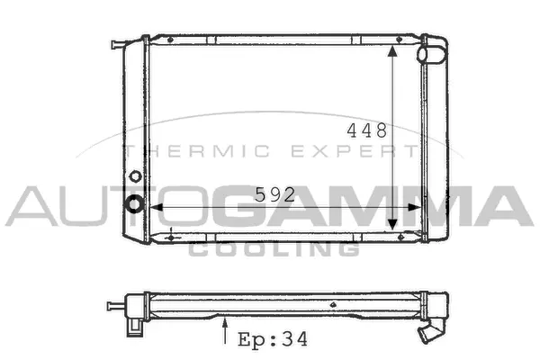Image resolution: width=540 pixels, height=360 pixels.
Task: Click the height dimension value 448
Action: tap(367, 130)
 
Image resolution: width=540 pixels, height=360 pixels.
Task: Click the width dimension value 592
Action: tap(274, 194)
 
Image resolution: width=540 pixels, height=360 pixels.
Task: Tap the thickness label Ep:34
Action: tap(273, 339)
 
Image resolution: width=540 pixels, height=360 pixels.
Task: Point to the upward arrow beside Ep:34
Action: tap(225, 331)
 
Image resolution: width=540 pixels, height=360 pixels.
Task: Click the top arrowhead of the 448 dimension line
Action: tap(392, 50)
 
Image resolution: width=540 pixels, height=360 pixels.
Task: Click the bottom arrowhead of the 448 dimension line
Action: tap(392, 225)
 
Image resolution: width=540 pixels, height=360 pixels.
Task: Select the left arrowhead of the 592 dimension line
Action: tap(157, 207)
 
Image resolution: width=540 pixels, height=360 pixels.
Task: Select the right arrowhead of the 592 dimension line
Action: tap(414, 207)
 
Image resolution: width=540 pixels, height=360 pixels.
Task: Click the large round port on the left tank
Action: tap(135, 203)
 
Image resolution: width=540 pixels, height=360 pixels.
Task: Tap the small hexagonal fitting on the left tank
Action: tap(135, 176)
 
